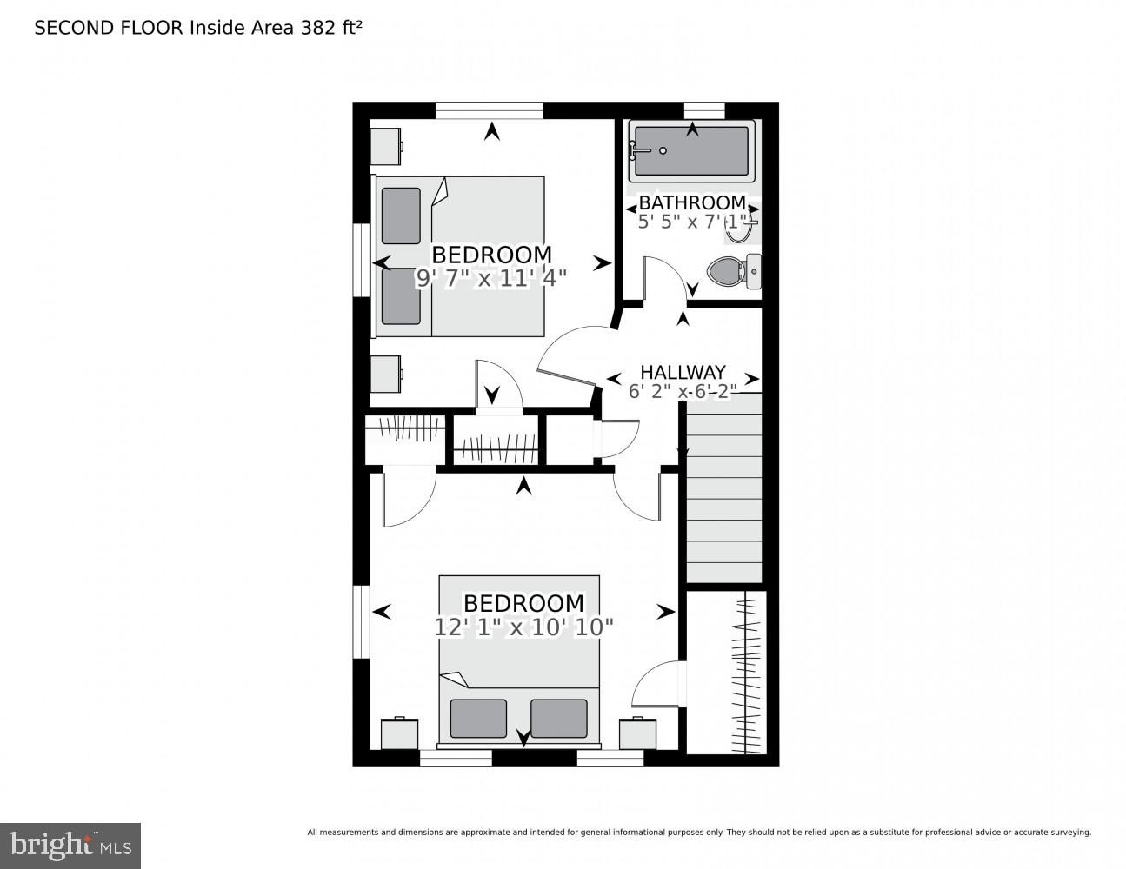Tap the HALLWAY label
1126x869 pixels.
tap(683, 372)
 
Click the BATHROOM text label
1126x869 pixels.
tap(692, 202)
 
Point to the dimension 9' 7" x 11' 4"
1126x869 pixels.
tap(491, 278)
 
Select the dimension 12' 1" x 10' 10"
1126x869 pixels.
tap(523, 627)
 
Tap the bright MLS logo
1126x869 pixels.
tap(70, 845)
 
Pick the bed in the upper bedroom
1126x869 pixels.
tap(461, 256)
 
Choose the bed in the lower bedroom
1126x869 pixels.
tap(519, 660)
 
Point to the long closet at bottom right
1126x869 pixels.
tap(727, 673)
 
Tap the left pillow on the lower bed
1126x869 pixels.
tap(478, 718)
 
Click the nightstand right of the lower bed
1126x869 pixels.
tap(637, 733)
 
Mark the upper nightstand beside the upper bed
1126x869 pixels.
tap(385, 146)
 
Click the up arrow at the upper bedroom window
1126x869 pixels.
tap(492, 131)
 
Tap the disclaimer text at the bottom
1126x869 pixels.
tap(698, 833)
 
